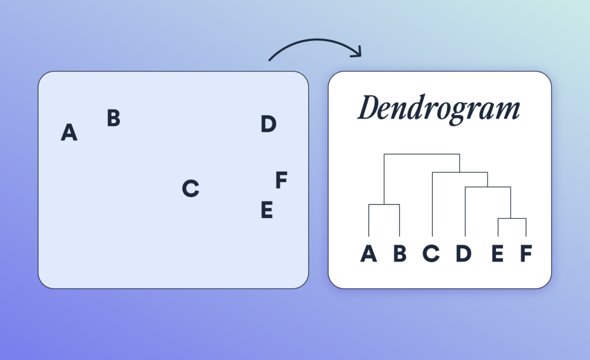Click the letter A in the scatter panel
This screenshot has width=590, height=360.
tap(69, 133)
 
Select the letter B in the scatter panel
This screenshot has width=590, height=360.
tap(114, 118)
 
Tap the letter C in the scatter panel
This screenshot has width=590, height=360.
tap(190, 188)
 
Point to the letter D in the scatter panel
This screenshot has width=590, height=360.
tap(268, 124)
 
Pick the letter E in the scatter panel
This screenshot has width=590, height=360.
tap(266, 210)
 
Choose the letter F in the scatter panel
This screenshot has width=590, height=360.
tap(281, 180)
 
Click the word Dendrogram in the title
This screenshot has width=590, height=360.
tap(438, 109)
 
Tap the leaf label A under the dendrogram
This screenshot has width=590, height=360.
tap(369, 253)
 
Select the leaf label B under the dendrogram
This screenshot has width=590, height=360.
tap(400, 253)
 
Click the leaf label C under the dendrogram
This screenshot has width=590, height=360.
tap(432, 253)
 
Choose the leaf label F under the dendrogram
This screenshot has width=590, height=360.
tap(525, 253)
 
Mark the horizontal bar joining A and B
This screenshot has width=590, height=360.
tap(384, 204)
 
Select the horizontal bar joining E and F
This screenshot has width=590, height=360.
tap(512, 219)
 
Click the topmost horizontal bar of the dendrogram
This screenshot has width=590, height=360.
tap(422, 154)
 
